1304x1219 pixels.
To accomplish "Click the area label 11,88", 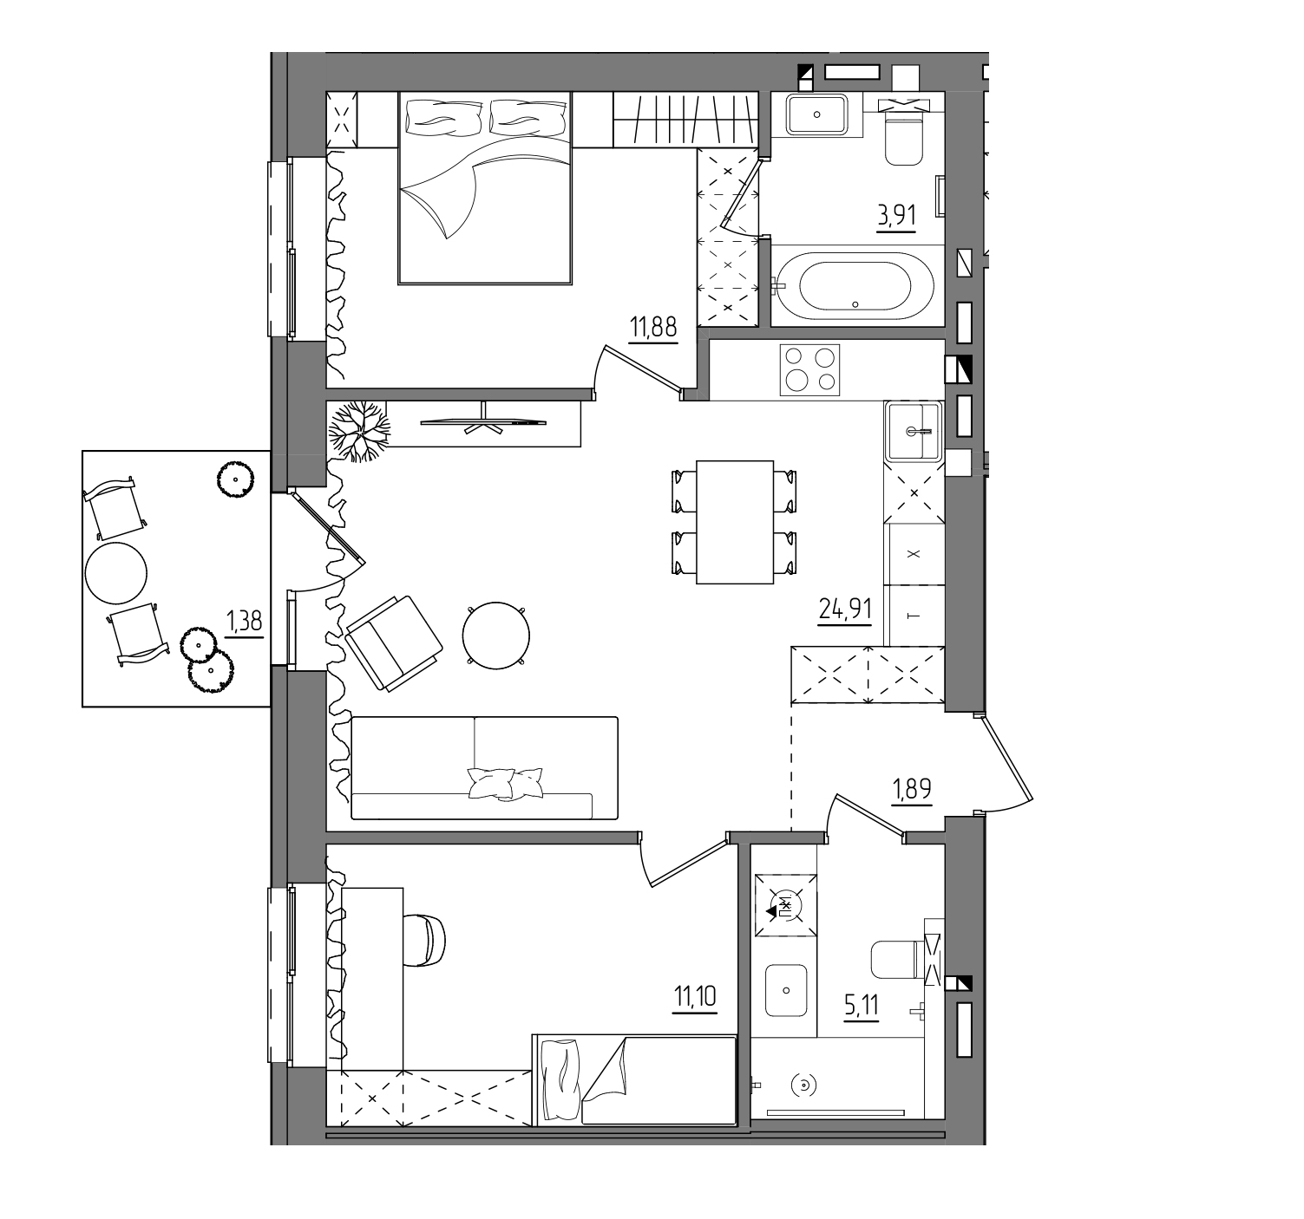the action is click(x=653, y=327).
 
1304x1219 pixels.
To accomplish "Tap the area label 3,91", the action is click(x=896, y=215).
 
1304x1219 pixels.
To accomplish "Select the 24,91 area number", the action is click(x=845, y=609).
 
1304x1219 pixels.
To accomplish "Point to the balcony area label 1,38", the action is click(x=245, y=620).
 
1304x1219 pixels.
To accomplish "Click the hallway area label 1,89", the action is click(x=911, y=788).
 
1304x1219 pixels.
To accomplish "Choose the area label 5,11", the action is click(x=862, y=1005).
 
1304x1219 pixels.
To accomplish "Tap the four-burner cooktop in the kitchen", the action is click(x=809, y=369).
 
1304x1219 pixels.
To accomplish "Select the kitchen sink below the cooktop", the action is click(x=913, y=431).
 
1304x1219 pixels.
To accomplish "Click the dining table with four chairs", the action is click(x=734, y=522).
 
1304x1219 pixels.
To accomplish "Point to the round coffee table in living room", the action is click(x=495, y=636).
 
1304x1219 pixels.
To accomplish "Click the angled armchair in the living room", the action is click(x=394, y=643).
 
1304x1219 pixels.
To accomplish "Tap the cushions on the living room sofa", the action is click(x=505, y=783).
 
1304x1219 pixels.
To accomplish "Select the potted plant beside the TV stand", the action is click(x=358, y=431).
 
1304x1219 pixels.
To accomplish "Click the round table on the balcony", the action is click(x=116, y=573).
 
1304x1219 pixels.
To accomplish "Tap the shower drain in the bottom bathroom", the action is click(x=803, y=1085).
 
